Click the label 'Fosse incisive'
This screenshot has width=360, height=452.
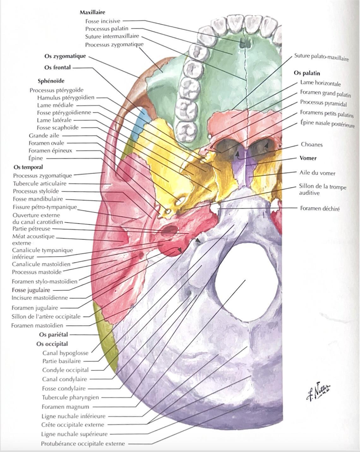click(103, 21)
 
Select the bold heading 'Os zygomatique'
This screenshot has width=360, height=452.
click(65, 56)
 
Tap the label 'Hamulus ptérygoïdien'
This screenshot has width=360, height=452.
click(66, 98)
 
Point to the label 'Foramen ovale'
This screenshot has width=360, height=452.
click(46, 143)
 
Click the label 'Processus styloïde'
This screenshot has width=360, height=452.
click(36, 191)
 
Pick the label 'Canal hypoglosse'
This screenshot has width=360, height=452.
click(65, 353)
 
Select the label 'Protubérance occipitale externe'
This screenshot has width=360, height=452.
click(83, 443)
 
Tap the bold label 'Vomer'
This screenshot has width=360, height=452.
click(308, 158)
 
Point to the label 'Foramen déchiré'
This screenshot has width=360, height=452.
click(320, 208)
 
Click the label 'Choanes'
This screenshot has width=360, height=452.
click(311, 145)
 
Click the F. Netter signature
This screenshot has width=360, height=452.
click(318, 391)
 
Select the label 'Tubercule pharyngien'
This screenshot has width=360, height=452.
click(70, 397)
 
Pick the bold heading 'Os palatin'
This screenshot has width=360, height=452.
click(307, 73)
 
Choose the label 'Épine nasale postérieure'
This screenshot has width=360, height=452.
click(327, 124)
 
